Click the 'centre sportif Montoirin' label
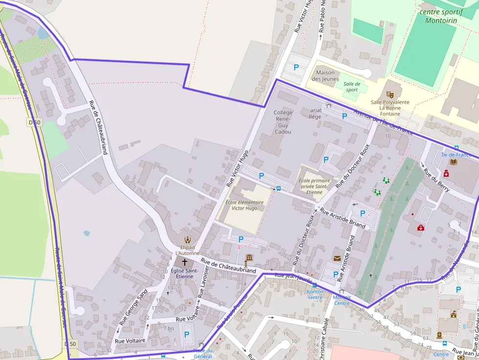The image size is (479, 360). (x=441, y=16)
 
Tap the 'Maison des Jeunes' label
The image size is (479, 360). (x=325, y=76)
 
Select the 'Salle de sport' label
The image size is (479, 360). (x=352, y=86)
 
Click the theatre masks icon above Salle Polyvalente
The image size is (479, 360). (x=390, y=94)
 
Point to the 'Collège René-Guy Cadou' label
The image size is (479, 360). (x=283, y=122)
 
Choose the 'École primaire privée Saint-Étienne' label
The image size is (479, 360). (x=314, y=186)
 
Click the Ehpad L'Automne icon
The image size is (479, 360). (x=187, y=239)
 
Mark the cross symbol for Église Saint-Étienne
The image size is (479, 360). (x=184, y=262)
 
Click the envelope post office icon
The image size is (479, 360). (x=337, y=258)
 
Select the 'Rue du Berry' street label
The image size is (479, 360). (x=436, y=180)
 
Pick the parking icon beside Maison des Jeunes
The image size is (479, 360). (x=296, y=67)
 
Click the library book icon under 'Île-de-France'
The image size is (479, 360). (x=453, y=162)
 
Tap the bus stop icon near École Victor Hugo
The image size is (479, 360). (x=279, y=188)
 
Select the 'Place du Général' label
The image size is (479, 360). (x=202, y=353)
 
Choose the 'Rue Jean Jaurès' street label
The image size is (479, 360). (x=293, y=277)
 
